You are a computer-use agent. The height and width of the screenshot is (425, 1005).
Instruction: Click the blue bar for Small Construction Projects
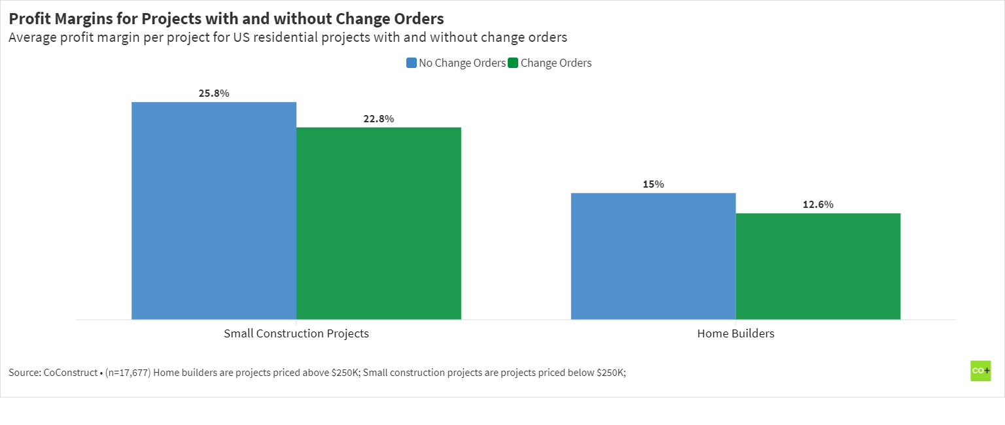tap(214, 211)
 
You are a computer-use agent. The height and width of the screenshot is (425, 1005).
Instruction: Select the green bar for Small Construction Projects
tap(379, 223)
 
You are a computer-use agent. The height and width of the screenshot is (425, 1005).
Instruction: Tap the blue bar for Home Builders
tap(653, 256)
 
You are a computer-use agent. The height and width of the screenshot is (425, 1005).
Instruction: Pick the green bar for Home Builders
tap(818, 266)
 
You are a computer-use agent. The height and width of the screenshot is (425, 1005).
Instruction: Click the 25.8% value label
tap(214, 93)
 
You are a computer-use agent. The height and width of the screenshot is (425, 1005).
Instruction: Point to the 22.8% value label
tap(379, 119)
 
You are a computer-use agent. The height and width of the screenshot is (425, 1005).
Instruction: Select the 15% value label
tap(653, 184)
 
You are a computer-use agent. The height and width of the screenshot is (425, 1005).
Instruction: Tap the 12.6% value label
tap(818, 205)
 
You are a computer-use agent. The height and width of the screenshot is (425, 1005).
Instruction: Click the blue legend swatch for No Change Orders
tap(412, 63)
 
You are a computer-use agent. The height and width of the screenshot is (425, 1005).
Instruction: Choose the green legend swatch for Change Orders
tap(513, 63)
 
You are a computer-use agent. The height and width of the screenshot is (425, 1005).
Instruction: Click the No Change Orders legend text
tap(462, 63)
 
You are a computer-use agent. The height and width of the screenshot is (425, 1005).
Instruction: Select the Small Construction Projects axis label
tap(296, 333)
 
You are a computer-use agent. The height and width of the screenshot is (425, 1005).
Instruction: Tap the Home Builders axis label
tap(735, 333)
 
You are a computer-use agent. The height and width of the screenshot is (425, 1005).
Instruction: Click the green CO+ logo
tap(980, 371)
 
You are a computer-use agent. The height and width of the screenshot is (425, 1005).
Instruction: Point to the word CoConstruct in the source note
tap(68, 373)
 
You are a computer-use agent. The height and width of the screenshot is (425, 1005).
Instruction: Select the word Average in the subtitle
tap(32, 37)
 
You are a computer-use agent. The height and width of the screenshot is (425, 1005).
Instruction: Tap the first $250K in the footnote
tap(342, 373)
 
